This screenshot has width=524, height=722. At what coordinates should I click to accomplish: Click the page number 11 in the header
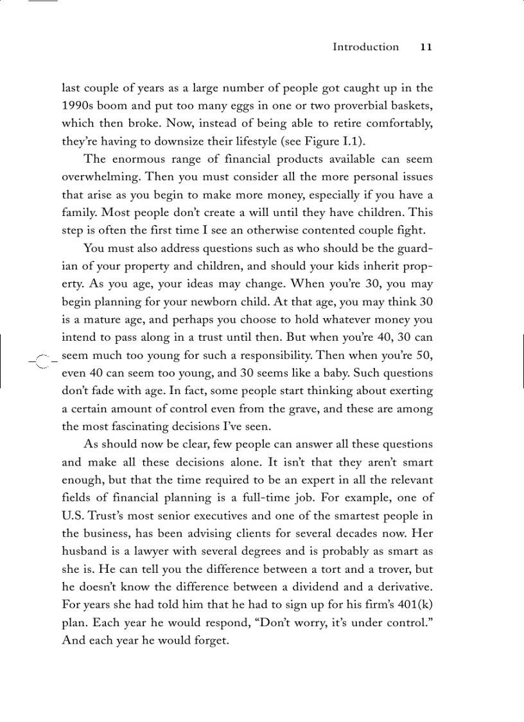[426, 47]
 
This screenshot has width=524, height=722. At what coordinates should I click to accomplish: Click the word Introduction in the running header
[365, 47]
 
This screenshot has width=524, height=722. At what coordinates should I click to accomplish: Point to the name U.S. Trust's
[94, 515]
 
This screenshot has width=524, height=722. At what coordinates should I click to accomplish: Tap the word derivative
[403, 586]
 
